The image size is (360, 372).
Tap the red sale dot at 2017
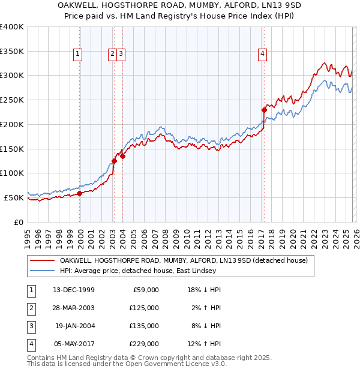[x=263, y=110]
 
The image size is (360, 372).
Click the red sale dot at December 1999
[x=80, y=193]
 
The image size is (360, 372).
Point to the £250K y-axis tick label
[x=12, y=100]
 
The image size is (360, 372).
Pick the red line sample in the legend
[x=43, y=260]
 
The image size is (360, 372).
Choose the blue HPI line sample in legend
[x=43, y=271]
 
